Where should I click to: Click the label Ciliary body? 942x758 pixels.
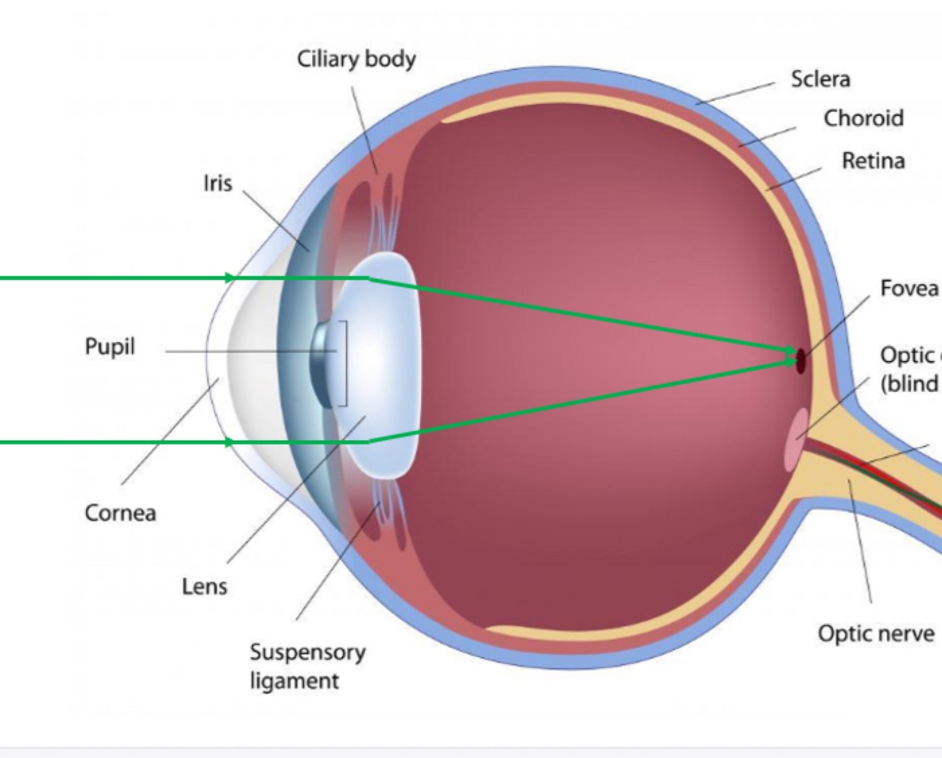click(x=356, y=59)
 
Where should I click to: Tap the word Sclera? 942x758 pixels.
click(x=820, y=79)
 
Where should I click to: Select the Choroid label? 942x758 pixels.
click(x=863, y=118)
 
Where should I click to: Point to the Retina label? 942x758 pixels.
click(x=873, y=161)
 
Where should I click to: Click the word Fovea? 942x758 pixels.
click(x=909, y=288)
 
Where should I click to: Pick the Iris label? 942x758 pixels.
click(x=217, y=184)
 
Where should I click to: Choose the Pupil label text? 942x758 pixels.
click(x=109, y=347)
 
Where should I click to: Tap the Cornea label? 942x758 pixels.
click(x=120, y=513)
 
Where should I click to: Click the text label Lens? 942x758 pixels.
click(x=204, y=586)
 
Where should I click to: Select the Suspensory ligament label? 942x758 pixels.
click(x=307, y=666)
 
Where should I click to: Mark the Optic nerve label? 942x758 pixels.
click(x=876, y=634)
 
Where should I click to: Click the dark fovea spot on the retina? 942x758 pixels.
click(x=801, y=361)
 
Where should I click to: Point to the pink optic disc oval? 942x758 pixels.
click(x=797, y=438)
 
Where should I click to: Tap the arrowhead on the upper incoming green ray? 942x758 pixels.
click(x=229, y=278)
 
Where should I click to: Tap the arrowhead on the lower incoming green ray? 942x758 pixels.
click(x=229, y=443)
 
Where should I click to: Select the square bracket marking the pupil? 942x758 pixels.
click(x=345, y=364)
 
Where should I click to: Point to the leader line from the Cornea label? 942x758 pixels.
click(x=169, y=431)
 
